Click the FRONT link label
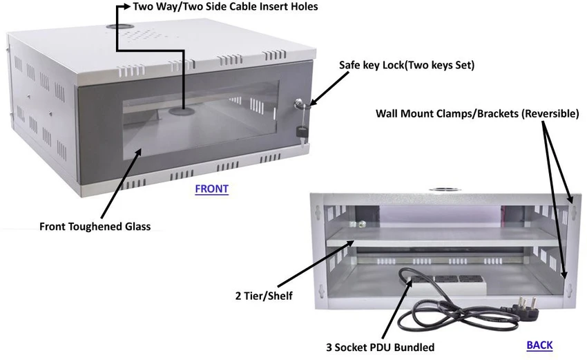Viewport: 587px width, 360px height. tap(211, 189)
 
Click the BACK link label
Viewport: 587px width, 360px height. tap(539, 345)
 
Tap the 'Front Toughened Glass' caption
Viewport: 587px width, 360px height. tap(95, 226)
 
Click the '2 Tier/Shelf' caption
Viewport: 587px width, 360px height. tap(263, 296)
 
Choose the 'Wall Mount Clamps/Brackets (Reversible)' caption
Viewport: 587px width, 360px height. tap(477, 113)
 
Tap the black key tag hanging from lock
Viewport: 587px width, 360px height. tap(301, 132)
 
